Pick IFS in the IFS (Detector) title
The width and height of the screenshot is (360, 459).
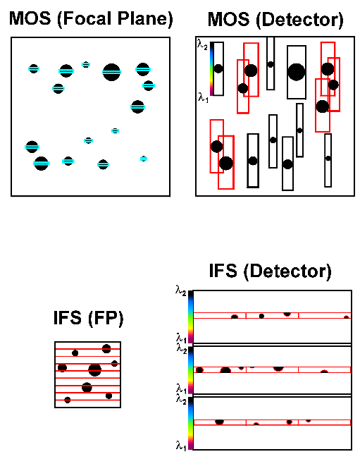click(x=226, y=271)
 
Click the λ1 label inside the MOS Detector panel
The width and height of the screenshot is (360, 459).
click(x=202, y=98)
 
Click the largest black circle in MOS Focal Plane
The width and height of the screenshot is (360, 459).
click(x=111, y=71)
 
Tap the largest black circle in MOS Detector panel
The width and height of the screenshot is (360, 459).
click(x=297, y=71)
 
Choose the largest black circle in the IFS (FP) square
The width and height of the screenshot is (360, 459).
click(x=94, y=370)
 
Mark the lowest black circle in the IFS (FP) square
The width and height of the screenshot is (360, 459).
click(x=68, y=400)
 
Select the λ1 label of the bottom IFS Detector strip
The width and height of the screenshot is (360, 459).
click(x=181, y=444)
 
